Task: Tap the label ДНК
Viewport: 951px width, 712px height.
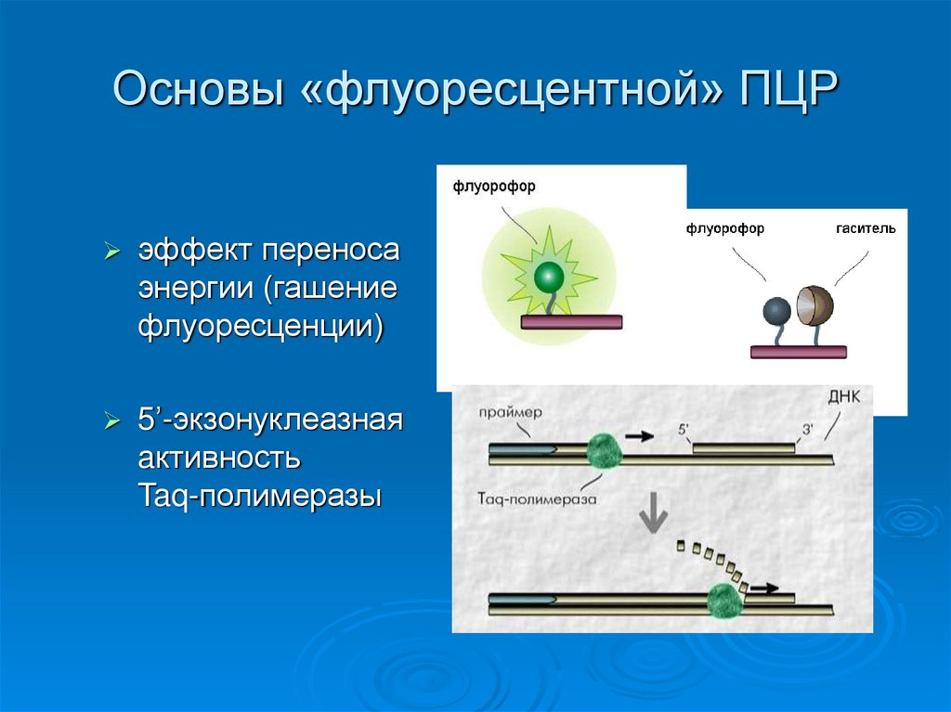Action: coord(842,397)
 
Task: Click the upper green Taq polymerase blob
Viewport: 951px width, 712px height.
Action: coord(606,452)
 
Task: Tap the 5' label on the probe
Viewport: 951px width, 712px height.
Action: coord(685,430)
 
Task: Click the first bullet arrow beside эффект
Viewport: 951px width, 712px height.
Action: coord(111,252)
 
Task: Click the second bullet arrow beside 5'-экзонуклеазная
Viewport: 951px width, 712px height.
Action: coord(111,421)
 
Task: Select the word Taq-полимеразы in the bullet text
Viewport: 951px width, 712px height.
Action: coord(259,496)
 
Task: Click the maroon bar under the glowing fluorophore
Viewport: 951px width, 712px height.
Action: coord(571,322)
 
